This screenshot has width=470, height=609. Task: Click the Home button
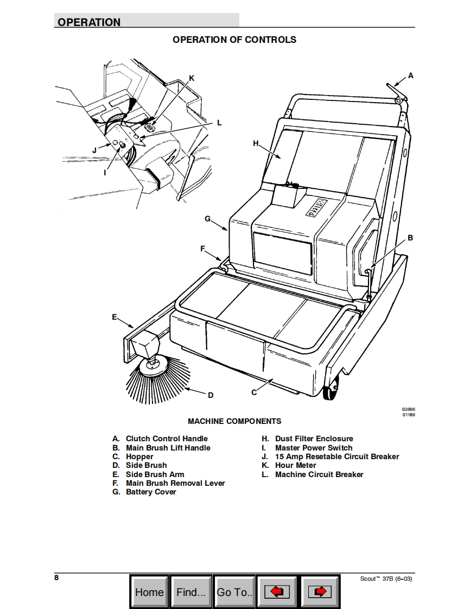click(x=150, y=592)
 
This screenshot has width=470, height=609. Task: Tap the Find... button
click(x=191, y=592)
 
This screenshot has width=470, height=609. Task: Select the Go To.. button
click(x=234, y=592)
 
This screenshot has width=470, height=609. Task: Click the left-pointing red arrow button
click(x=277, y=592)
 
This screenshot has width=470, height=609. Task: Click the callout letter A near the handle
click(x=410, y=76)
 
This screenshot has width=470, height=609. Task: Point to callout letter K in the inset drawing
click(x=192, y=78)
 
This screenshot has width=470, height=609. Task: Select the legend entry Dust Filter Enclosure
click(x=307, y=439)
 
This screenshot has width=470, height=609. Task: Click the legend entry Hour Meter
click(x=289, y=465)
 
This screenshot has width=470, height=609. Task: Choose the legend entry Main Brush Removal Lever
click(x=169, y=483)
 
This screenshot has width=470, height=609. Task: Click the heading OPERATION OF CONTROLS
click(x=234, y=40)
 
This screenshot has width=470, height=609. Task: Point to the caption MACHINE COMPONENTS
click(x=234, y=421)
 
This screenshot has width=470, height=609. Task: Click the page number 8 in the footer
click(x=56, y=578)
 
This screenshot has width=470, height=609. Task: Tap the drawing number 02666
click(x=408, y=409)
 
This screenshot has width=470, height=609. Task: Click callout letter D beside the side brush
click(x=211, y=395)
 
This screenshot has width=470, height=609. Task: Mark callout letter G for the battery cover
click(x=208, y=219)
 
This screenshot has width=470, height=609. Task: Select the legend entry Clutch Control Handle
click(x=160, y=439)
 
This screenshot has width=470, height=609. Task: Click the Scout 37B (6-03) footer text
click(x=386, y=579)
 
